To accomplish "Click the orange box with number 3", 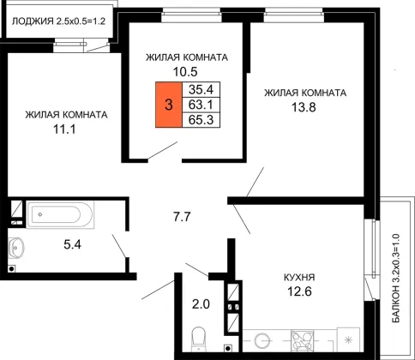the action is click(169, 105).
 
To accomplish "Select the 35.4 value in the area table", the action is click(201, 90).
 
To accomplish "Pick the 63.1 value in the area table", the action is click(201, 105).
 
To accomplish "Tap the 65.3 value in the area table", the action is click(201, 120).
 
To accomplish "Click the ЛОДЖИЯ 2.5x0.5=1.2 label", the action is click(58, 21).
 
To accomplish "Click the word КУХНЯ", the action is click(299, 278).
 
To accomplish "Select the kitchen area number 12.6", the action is click(299, 291).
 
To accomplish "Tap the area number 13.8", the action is click(304, 108).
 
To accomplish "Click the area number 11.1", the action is click(64, 129).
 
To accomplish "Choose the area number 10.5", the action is click(185, 72).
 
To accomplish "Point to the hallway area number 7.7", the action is click(182, 217).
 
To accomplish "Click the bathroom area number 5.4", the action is click(72, 244).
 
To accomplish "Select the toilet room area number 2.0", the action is click(201, 304).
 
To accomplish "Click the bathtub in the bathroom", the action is click(60, 214).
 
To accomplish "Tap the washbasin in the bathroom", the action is click(16, 248).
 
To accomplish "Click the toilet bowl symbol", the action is click(198, 339).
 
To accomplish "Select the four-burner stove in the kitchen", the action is click(302, 340).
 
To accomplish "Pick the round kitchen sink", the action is click(262, 341).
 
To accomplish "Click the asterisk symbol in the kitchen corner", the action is click(348, 339).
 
